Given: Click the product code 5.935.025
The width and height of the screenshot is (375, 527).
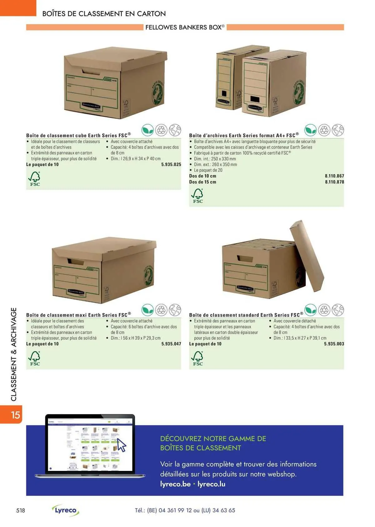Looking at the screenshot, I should point(171,165).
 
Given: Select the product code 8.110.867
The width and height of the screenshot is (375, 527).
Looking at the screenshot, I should point(334,176).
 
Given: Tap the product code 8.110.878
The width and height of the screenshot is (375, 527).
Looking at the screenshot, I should point(334,182).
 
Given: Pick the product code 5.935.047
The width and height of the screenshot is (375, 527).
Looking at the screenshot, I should point(171,344).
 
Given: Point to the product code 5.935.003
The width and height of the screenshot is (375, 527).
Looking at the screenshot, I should point(334,344).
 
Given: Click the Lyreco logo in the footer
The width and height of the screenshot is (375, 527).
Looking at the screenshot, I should point(66,510).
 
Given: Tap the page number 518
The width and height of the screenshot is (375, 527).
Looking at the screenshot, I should point(21,510).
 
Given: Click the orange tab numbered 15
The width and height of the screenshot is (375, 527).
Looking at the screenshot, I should point(15,415).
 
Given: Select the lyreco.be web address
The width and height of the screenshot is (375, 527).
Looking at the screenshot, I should point(175,484).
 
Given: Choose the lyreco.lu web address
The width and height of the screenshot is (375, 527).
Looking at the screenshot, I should point(211,484).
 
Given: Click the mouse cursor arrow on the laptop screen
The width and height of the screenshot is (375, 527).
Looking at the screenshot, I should point(121,445).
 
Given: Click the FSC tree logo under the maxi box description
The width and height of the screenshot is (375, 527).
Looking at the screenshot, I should point(35,358).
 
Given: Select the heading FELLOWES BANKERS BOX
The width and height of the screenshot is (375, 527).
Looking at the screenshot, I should point(185,27).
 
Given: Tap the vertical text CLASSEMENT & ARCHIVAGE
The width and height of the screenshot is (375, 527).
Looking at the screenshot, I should point(14,354).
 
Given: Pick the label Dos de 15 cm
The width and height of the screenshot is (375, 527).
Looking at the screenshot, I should point(202,182).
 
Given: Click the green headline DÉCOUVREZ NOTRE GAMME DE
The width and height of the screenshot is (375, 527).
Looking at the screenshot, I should point(213,438).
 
